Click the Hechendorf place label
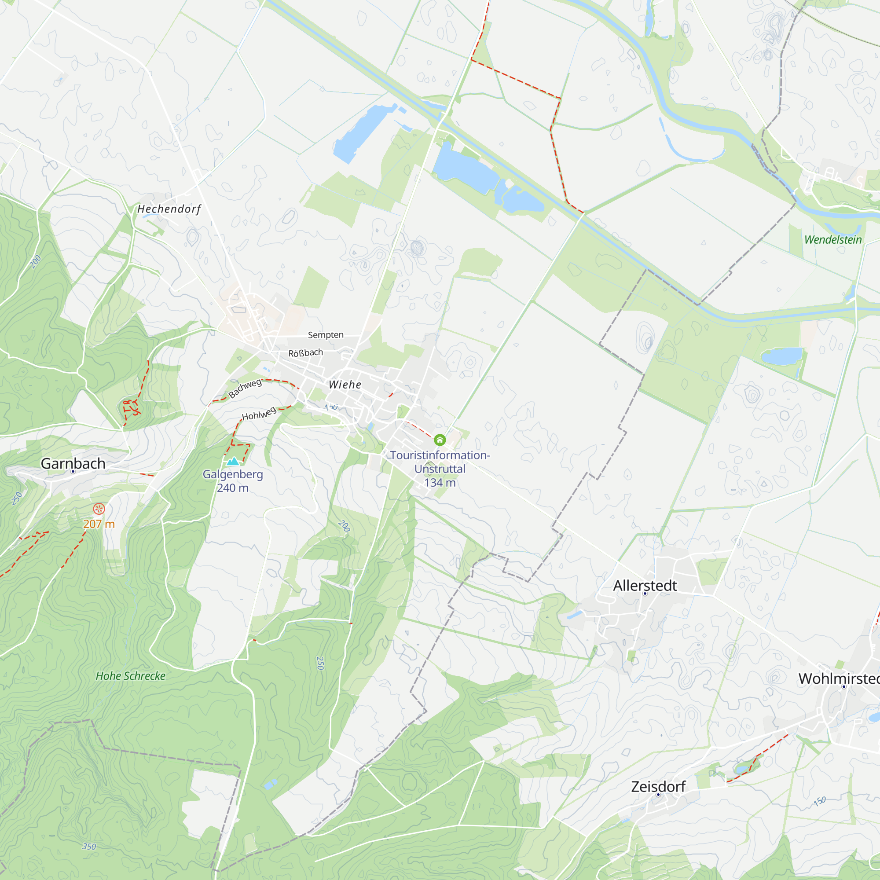(169, 209)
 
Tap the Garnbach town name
(73, 463)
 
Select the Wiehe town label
(345, 385)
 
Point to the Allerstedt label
(645, 585)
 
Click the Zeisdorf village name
(658, 786)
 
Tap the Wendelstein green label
(832, 240)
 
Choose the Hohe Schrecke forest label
(130, 676)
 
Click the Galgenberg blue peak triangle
(233, 462)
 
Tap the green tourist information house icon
(440, 440)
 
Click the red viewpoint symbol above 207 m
(99, 509)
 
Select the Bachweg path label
(245, 388)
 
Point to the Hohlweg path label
(259, 414)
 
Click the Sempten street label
(326, 335)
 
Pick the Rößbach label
(306, 352)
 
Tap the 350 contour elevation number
(89, 846)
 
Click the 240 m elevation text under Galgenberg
(233, 488)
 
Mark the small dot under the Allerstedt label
(645, 594)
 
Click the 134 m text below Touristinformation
(440, 482)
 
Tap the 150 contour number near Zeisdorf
(819, 801)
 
